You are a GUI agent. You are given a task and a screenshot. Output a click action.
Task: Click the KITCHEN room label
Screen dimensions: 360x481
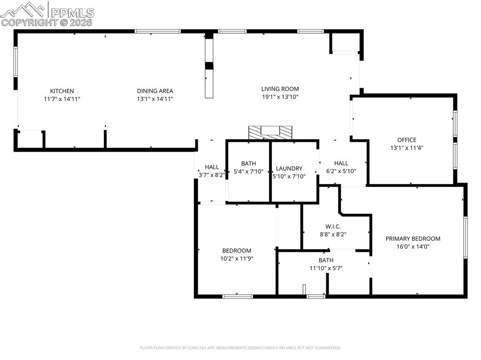click(x=62, y=91)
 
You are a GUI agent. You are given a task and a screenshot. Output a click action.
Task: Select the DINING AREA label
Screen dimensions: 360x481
click(x=155, y=91)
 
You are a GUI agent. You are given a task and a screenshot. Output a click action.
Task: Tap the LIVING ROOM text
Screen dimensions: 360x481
click(x=280, y=89)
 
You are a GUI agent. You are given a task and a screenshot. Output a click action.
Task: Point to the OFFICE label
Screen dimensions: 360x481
click(x=406, y=140)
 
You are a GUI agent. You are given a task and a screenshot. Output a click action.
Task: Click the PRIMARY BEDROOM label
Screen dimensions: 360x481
click(x=413, y=238)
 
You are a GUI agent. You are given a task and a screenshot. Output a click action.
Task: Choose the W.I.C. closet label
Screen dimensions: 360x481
click(x=333, y=226)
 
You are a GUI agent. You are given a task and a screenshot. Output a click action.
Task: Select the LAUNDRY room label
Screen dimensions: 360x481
click(x=289, y=169)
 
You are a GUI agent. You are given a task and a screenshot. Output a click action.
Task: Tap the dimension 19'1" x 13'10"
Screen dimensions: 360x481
click(x=280, y=97)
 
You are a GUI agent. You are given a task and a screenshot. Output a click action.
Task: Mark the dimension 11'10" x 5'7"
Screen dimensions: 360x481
click(x=326, y=268)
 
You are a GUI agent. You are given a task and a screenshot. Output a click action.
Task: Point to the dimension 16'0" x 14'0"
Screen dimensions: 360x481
click(x=413, y=246)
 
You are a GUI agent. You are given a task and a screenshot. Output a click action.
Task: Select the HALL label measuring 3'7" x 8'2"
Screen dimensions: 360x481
click(x=212, y=167)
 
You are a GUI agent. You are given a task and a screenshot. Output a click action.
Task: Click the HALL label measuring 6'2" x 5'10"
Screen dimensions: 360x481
click(x=341, y=163)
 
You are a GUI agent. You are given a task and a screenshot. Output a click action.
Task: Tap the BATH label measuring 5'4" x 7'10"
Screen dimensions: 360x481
click(x=248, y=163)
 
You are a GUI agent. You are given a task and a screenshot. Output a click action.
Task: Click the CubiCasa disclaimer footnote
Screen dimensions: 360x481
click(x=240, y=348)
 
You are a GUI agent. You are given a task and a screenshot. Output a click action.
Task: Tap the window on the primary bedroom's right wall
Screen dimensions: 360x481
click(x=465, y=237)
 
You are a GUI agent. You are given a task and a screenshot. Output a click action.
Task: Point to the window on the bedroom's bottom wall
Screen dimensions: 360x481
click(x=237, y=296)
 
